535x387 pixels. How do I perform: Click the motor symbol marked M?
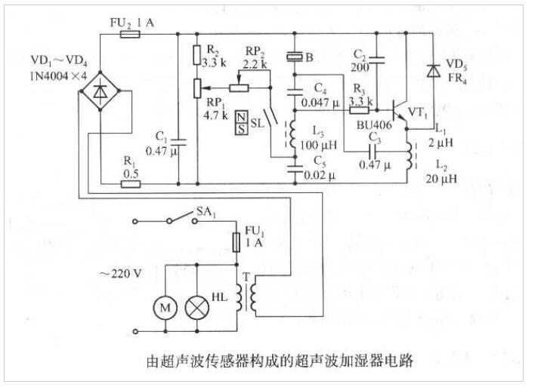[x=165, y=306]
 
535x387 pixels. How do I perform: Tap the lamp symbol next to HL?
[x=199, y=306]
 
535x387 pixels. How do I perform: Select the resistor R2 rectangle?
[x=197, y=55]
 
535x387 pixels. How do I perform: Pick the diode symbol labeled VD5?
[x=434, y=71]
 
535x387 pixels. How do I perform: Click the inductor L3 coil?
[x=291, y=135]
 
